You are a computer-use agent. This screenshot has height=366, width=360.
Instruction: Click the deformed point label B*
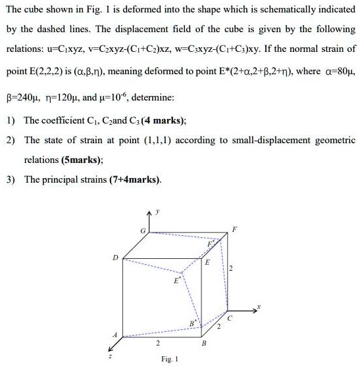click(x=192, y=322)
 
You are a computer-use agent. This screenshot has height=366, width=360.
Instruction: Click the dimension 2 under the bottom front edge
click(x=157, y=342)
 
